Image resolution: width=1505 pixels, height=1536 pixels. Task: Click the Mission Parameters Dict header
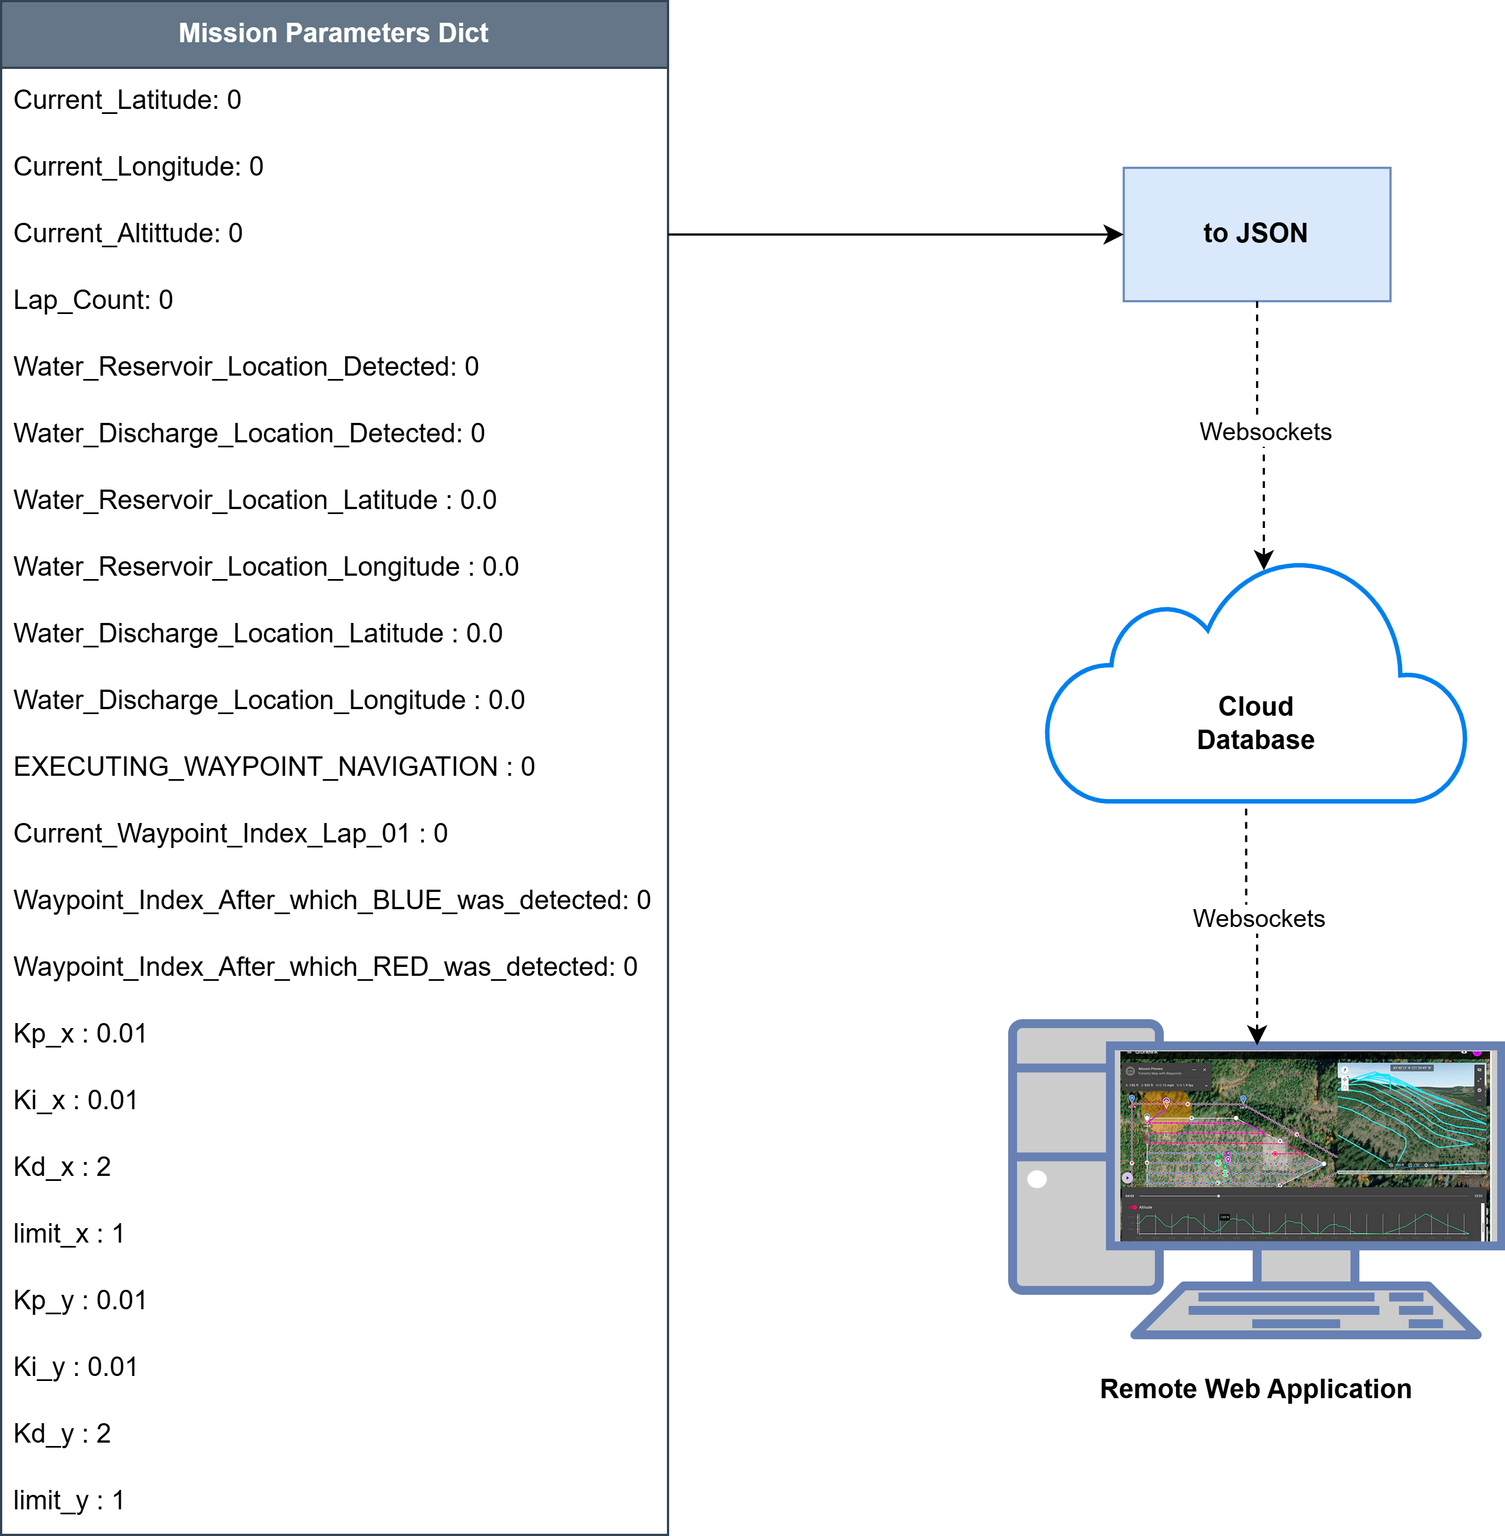point(333,33)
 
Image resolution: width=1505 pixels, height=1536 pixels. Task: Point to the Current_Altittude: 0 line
point(128,233)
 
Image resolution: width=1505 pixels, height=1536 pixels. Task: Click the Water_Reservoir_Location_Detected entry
point(246,367)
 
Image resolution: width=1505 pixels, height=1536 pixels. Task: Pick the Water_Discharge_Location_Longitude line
point(269,700)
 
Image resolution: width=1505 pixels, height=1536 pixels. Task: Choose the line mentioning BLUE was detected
point(332,900)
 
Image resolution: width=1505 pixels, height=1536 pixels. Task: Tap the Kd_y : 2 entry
point(62,1434)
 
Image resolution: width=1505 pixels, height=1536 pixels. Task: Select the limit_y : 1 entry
point(69,1500)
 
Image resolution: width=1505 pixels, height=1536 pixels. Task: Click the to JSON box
point(1256,234)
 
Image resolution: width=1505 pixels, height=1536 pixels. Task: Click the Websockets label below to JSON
point(1265,432)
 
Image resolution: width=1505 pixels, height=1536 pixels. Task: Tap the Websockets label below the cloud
point(1258,919)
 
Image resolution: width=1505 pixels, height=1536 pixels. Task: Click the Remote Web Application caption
point(1255,1389)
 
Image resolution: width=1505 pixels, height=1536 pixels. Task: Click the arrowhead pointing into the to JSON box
point(1114,235)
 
